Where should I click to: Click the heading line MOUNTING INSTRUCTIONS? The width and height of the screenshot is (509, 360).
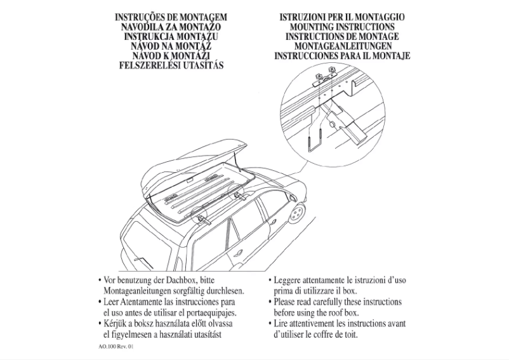point(342,27)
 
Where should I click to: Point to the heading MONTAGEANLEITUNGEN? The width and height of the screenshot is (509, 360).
point(342,46)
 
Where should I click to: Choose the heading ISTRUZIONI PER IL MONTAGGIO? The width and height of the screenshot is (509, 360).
point(342,17)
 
